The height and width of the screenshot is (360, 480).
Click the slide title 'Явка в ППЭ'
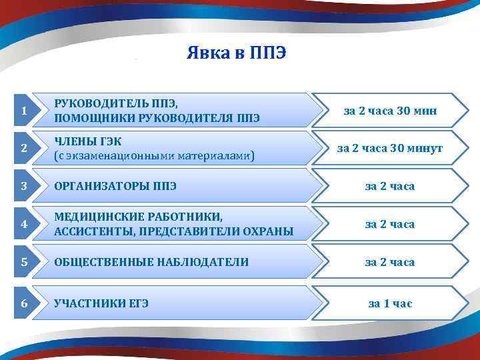(236, 53)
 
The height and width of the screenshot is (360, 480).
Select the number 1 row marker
(24, 111)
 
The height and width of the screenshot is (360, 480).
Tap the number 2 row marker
(24, 149)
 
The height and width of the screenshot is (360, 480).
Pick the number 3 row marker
(24, 186)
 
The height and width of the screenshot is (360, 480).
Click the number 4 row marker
(24, 224)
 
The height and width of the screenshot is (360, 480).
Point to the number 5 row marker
(24, 262)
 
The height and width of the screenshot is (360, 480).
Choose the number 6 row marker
(24, 303)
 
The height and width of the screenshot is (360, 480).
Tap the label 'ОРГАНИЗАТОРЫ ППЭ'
(115, 186)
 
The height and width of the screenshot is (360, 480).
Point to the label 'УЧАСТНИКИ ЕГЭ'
(101, 303)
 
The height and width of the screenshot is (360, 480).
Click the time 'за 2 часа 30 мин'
(390, 111)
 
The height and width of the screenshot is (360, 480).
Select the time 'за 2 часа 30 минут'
(390, 149)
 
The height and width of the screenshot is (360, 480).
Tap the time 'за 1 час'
(390, 303)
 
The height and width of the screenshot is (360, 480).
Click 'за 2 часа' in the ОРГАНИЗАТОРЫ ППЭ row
(390, 186)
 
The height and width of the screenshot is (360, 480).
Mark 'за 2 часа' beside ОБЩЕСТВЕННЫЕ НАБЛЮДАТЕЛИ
(390, 262)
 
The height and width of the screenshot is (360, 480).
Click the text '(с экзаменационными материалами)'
(154, 156)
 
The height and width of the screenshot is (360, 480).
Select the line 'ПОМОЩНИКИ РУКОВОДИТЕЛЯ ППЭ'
(157, 118)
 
